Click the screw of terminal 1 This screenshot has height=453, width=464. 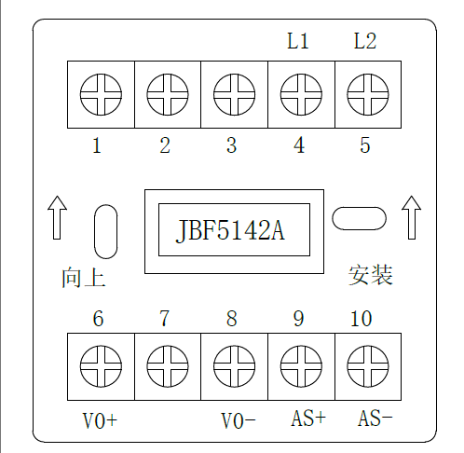coord(101,94)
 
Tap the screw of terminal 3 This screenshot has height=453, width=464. coord(234,94)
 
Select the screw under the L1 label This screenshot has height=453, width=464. coord(301,94)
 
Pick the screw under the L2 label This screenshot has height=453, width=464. coord(368,94)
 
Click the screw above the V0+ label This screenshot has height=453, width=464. coord(101,366)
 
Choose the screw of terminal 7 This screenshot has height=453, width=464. coord(168,366)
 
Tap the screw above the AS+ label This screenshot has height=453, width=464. coord(301,366)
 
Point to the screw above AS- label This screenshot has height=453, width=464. coord(368,366)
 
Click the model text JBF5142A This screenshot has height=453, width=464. coord(230,230)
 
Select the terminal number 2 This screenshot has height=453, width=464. coord(165,145)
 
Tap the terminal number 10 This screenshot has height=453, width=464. coord(362,319)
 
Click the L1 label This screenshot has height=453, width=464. coord(298,41)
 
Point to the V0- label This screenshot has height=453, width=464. coord(239,421)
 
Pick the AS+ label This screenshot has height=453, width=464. coord(308,418)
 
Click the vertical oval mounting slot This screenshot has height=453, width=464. coord(105,231)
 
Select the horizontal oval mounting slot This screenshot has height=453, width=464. coord(359,218)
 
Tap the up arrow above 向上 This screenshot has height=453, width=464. coord(57,217)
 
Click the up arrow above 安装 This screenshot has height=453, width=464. coord(412,217)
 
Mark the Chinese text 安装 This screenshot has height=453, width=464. coord(370,275)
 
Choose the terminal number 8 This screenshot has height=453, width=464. coord(232,319)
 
